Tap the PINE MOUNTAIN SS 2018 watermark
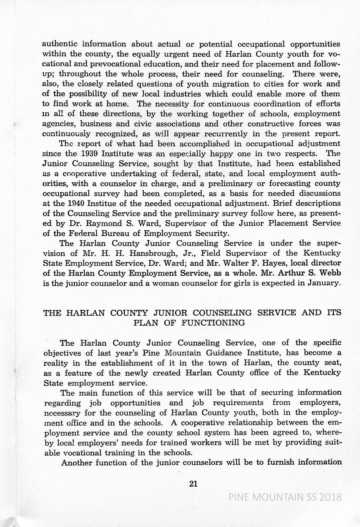pos(285,497)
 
